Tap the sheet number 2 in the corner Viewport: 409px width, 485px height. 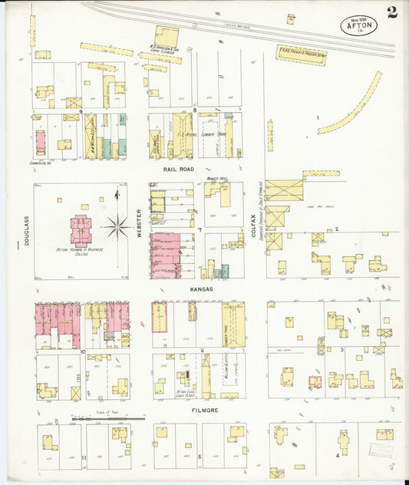(392, 12)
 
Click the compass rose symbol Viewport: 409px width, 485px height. (117, 226)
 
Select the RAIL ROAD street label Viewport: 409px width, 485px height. (177, 168)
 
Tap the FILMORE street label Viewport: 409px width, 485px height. (206, 410)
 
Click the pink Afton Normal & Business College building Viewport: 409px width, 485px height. (81, 230)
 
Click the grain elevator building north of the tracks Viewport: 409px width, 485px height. (166, 37)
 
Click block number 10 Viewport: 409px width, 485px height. (82, 351)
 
